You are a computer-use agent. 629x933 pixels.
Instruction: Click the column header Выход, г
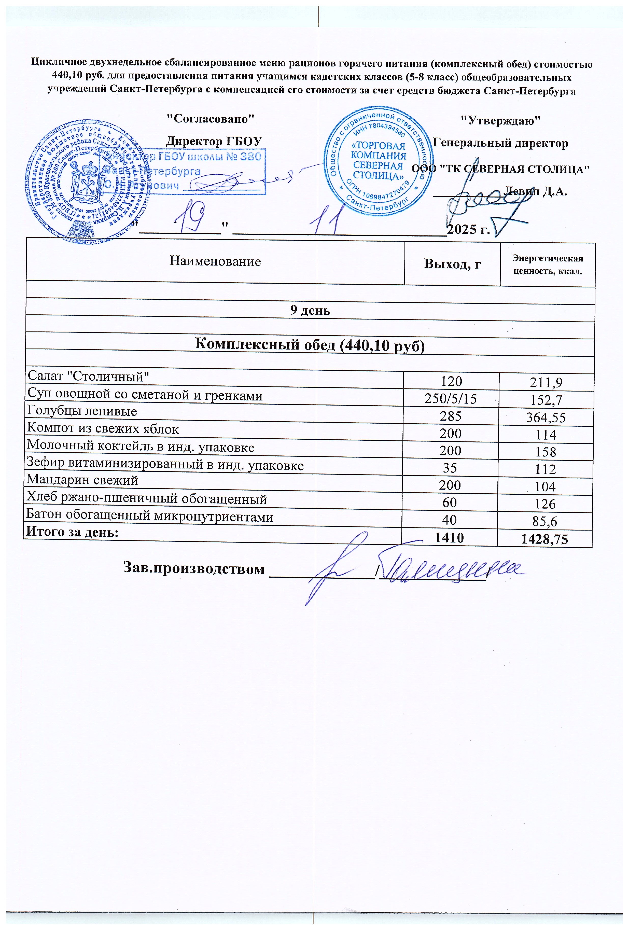click(453, 264)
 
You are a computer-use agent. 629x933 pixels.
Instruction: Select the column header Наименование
click(215, 261)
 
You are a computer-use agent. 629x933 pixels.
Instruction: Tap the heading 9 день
click(310, 311)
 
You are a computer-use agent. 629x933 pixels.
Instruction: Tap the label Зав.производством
click(194, 569)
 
